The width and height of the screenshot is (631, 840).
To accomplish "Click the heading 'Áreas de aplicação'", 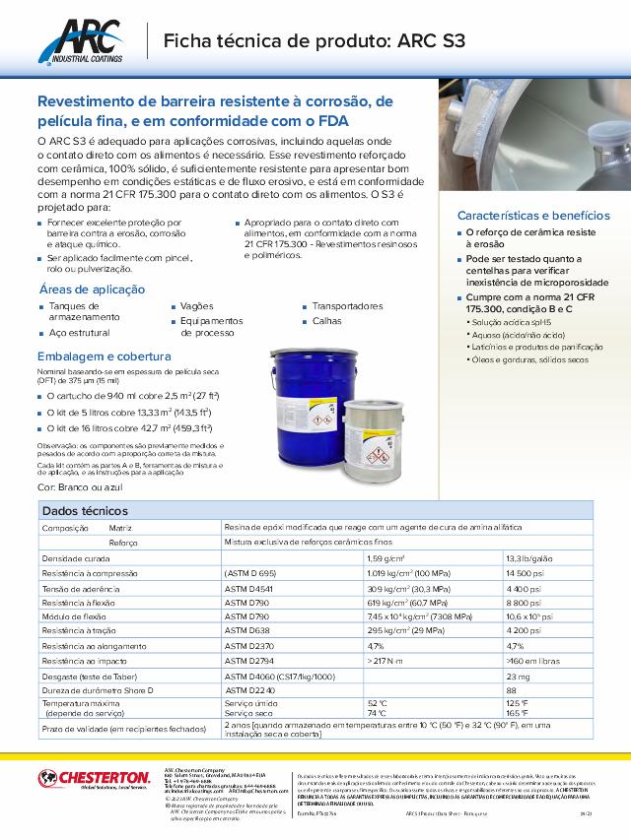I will click(92, 290).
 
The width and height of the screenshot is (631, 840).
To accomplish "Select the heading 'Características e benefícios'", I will click(533, 216).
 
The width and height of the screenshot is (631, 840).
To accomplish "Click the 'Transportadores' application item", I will click(347, 306).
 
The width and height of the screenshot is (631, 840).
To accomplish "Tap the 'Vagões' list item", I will click(197, 306).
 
